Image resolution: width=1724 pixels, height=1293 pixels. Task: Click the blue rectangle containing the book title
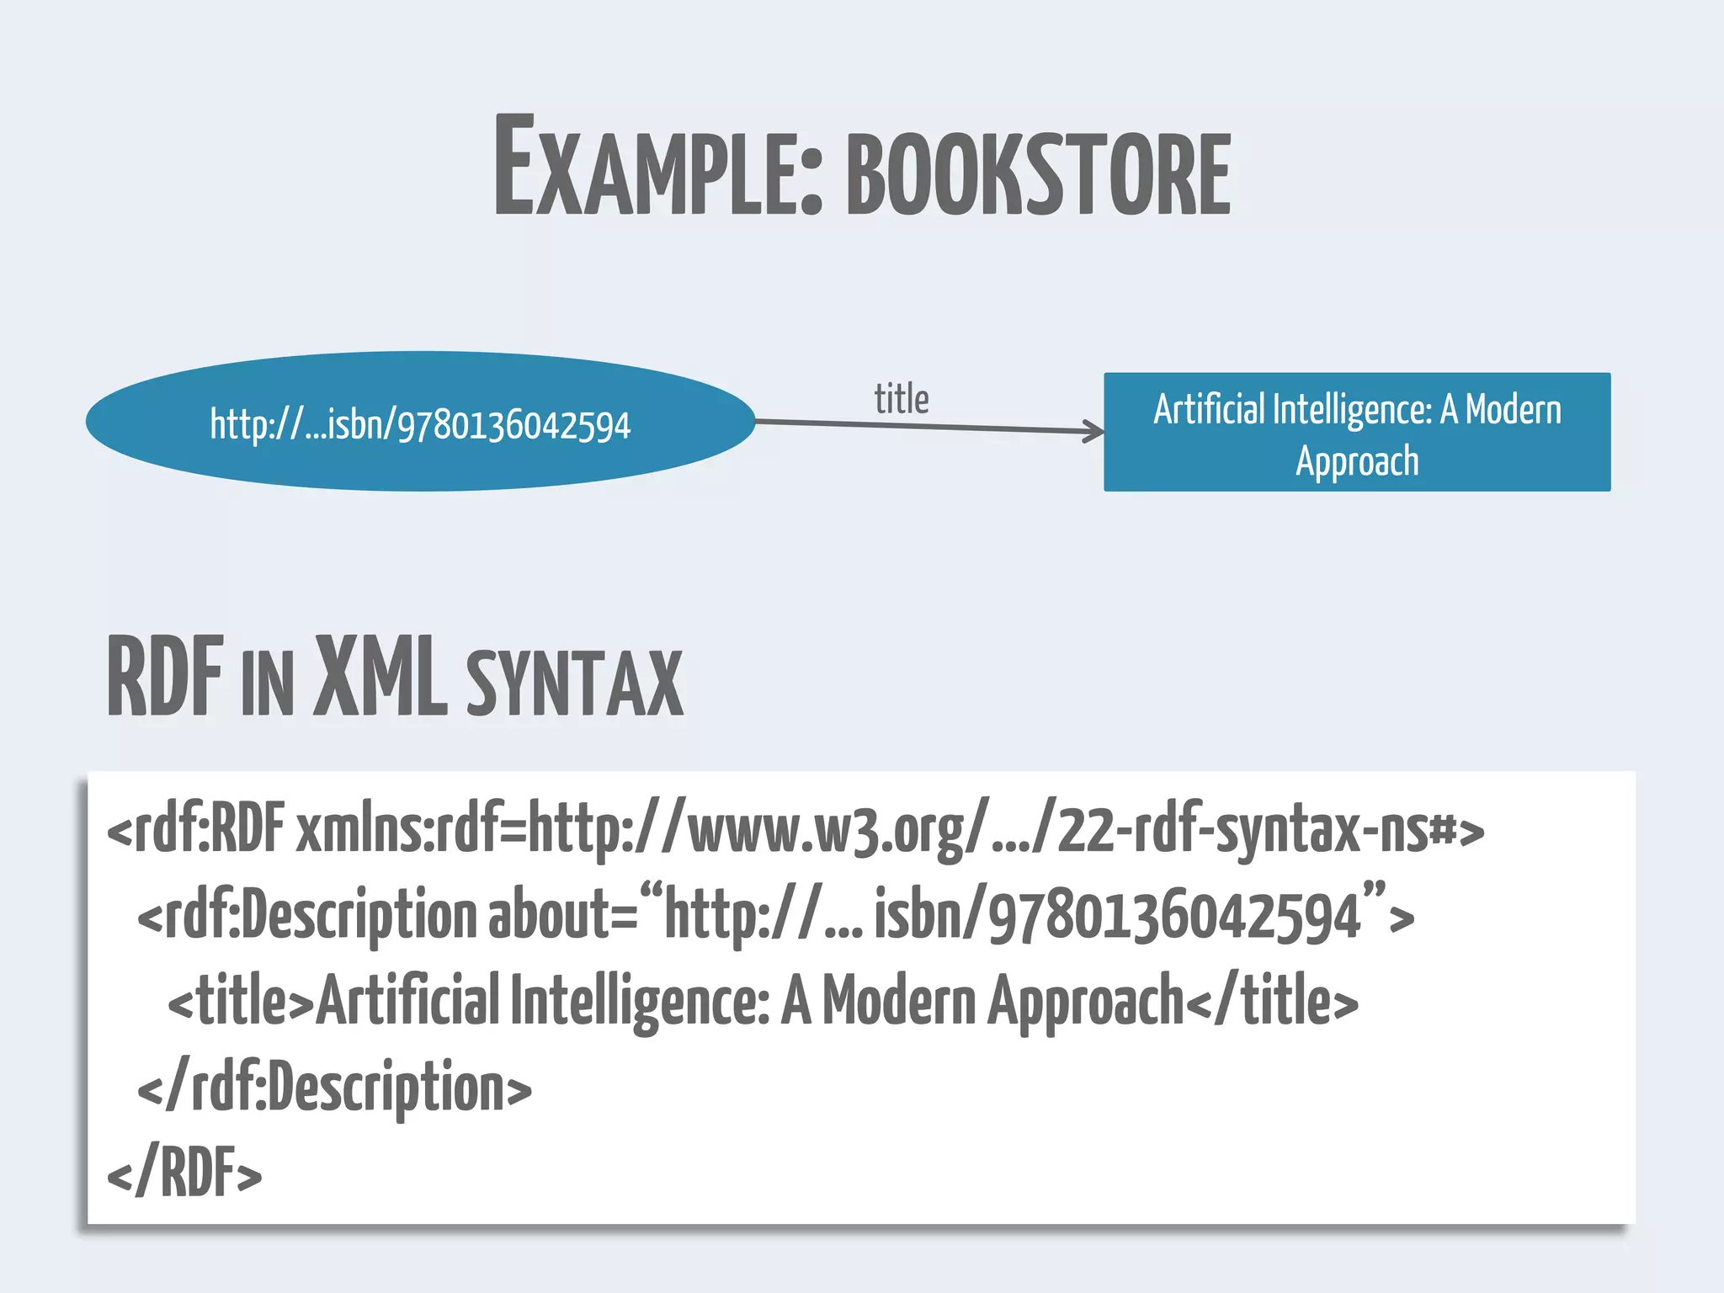pos(1356,432)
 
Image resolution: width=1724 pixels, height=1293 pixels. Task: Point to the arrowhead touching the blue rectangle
pos(1094,432)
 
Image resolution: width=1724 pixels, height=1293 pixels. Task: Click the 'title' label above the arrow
pos(901,399)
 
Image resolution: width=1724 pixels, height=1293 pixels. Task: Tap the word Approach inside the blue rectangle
pos(1357,461)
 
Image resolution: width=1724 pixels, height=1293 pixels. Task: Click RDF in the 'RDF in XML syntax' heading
pos(166,678)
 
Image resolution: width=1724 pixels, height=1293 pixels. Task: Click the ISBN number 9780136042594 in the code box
pos(1174,916)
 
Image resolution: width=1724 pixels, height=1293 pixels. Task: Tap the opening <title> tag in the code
pos(241,1002)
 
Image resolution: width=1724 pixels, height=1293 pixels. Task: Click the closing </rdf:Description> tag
pos(334,1088)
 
